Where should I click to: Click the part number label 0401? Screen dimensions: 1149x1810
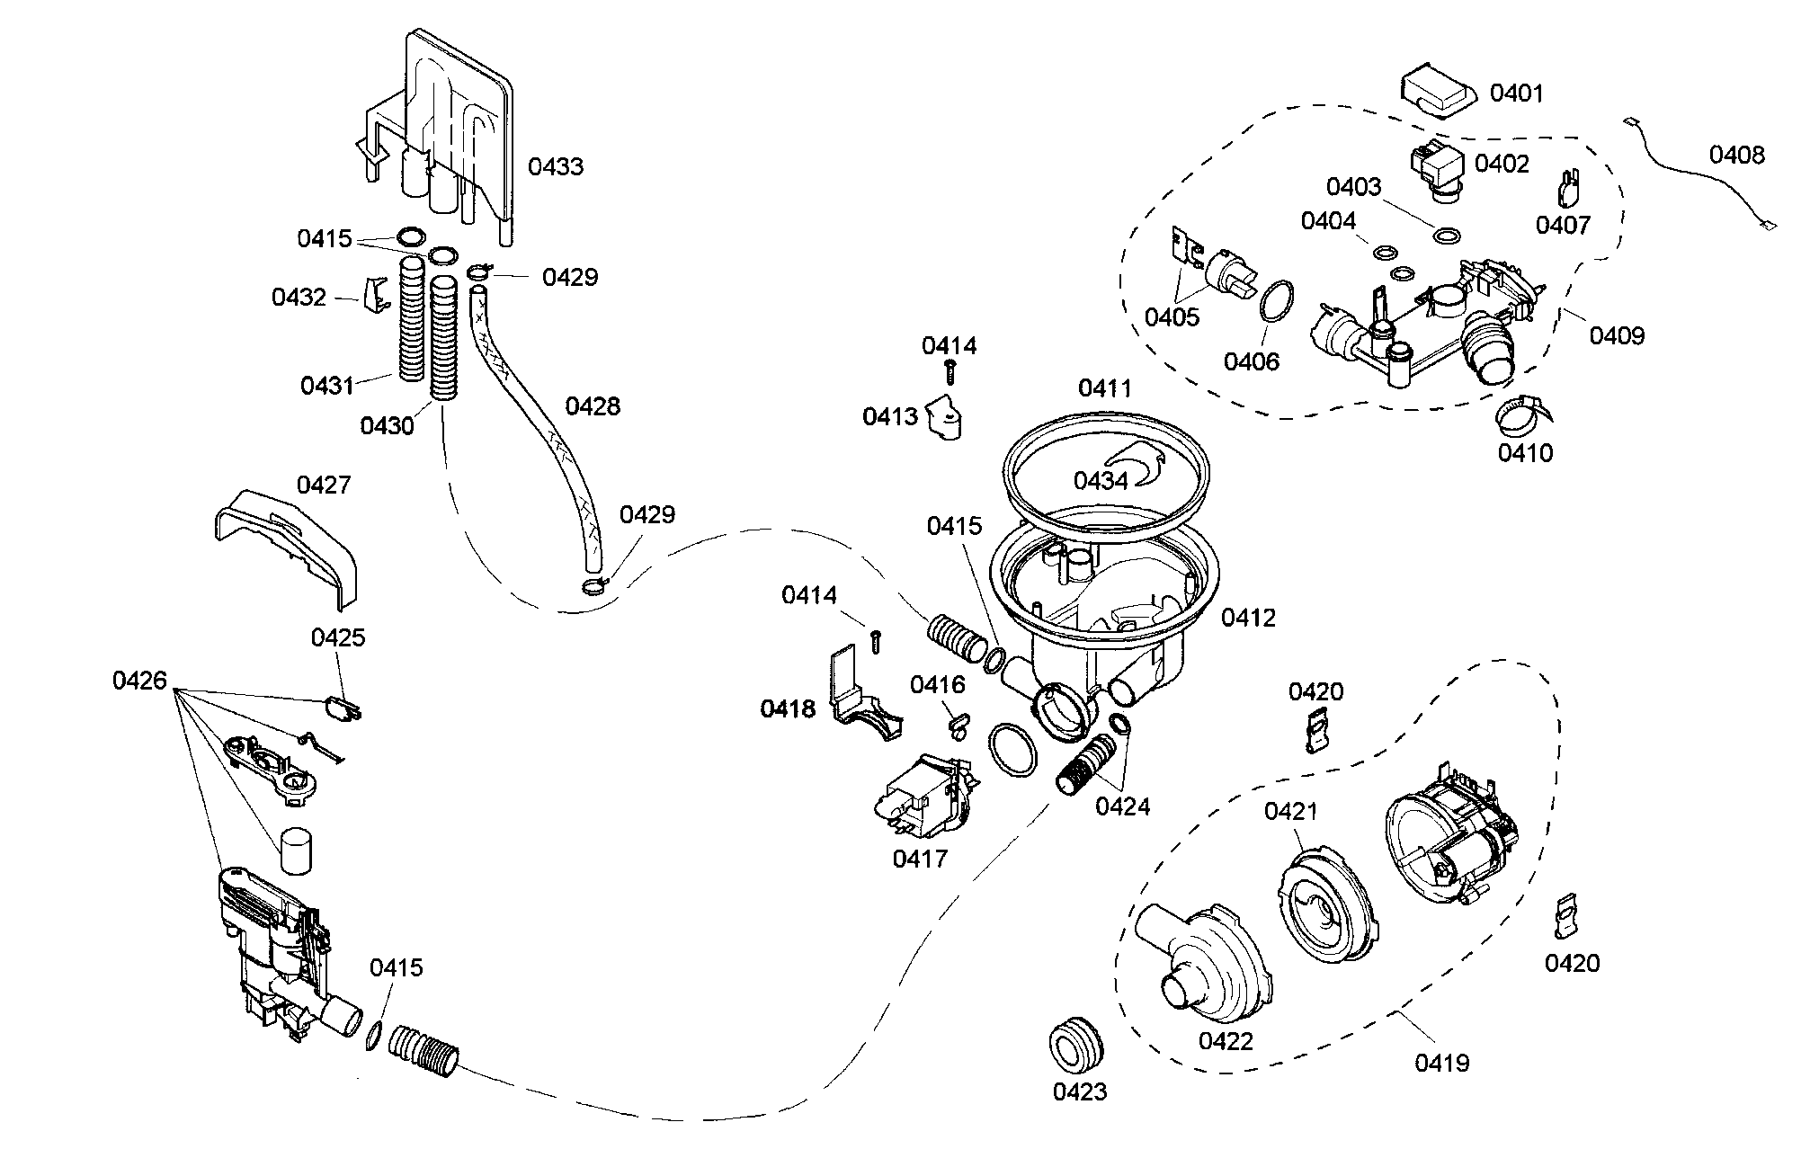[x=1516, y=94]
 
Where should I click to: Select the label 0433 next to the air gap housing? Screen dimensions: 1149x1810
[x=556, y=166]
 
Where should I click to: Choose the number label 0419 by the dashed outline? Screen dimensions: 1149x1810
[x=1441, y=1063]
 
